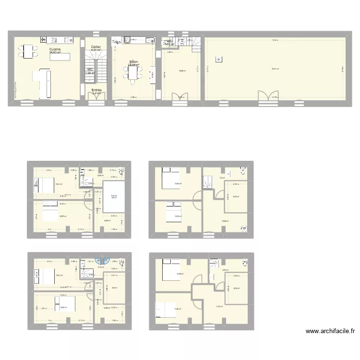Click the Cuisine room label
click(x=55, y=49)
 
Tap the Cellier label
click(x=96, y=47)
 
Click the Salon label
click(x=133, y=61)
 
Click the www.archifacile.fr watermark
click(x=331, y=331)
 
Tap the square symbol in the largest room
click(x=219, y=60)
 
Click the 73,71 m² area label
click(x=275, y=69)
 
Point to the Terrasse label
click(x=114, y=196)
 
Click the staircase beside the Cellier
click(x=91, y=62)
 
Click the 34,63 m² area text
click(x=55, y=52)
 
